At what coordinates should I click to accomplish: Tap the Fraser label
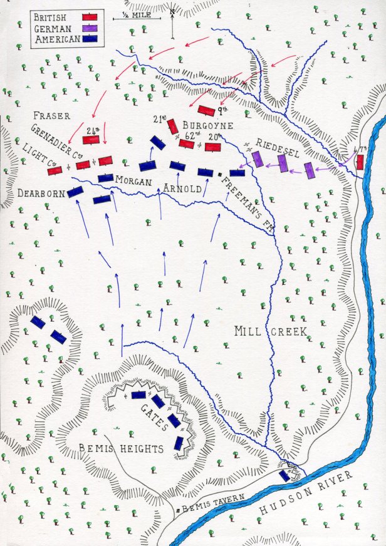click(53, 116)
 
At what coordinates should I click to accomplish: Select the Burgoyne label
click(209, 125)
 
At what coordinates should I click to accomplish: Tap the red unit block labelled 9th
click(207, 110)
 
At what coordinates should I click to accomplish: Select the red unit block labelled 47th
click(360, 162)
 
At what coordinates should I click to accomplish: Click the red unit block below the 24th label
click(91, 140)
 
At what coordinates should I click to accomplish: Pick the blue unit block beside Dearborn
click(75, 192)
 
